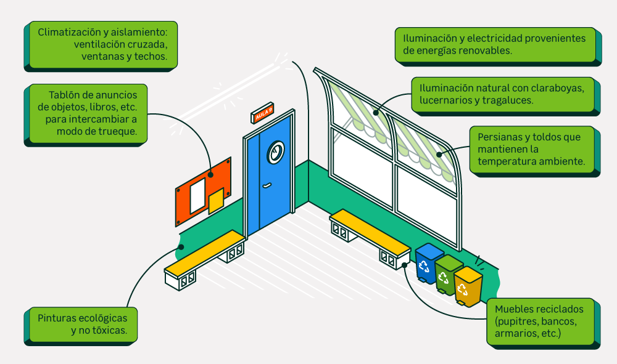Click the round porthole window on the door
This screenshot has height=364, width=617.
(x=275, y=150)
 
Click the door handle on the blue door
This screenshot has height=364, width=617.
(x=267, y=185)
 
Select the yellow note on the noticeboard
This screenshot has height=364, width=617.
(x=216, y=201)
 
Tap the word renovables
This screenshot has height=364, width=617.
(x=482, y=51)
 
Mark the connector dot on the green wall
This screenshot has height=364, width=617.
(x=181, y=247)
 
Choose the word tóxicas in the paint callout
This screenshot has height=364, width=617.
(x=105, y=330)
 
